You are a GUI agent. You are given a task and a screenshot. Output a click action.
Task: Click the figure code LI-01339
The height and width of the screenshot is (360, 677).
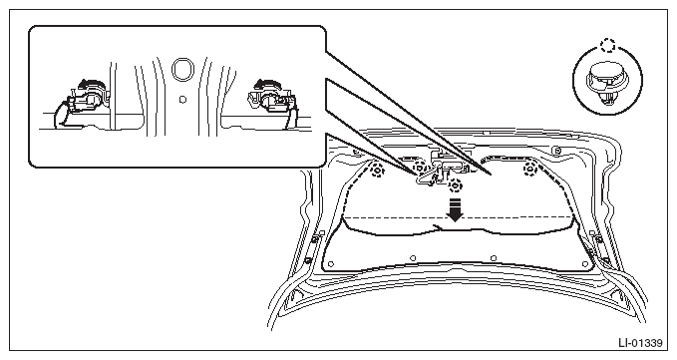tap(640, 343)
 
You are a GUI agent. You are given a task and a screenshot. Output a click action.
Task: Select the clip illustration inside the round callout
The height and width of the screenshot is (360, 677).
tap(606, 84)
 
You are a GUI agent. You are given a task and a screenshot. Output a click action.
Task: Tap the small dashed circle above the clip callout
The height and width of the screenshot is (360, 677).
tap(607, 45)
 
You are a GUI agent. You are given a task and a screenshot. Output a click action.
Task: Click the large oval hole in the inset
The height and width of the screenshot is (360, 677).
tap(182, 69)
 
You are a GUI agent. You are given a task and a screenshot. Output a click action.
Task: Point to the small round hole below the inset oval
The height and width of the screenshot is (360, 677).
tap(182, 100)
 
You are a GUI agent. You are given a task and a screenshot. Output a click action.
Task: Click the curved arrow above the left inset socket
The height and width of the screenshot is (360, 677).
tap(94, 84)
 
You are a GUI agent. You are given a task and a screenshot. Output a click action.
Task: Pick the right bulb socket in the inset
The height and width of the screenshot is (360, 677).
tap(271, 101)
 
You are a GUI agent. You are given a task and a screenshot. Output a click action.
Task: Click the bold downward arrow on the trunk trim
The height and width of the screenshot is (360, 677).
tap(455, 209)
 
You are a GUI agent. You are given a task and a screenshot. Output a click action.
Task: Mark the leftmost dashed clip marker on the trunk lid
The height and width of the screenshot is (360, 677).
tap(377, 171)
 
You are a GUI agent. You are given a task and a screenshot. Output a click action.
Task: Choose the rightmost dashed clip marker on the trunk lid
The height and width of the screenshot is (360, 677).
tap(529, 170)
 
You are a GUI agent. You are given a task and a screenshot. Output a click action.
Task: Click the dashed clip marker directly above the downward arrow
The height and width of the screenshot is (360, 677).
tap(455, 185)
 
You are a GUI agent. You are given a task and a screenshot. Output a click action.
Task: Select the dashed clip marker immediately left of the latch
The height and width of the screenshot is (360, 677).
tap(419, 168)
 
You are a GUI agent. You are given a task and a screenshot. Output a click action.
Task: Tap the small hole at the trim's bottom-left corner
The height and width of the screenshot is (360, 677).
tap(331, 263)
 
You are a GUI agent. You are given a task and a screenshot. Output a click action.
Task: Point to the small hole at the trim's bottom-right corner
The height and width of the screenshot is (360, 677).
tap(585, 263)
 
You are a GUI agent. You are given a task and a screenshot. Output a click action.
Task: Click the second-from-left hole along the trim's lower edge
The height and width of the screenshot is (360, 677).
tap(413, 258)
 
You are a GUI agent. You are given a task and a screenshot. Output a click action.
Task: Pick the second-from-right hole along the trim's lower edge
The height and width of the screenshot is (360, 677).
tap(494, 258)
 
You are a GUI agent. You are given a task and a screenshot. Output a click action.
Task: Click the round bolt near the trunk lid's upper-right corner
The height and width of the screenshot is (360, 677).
tap(557, 151)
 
